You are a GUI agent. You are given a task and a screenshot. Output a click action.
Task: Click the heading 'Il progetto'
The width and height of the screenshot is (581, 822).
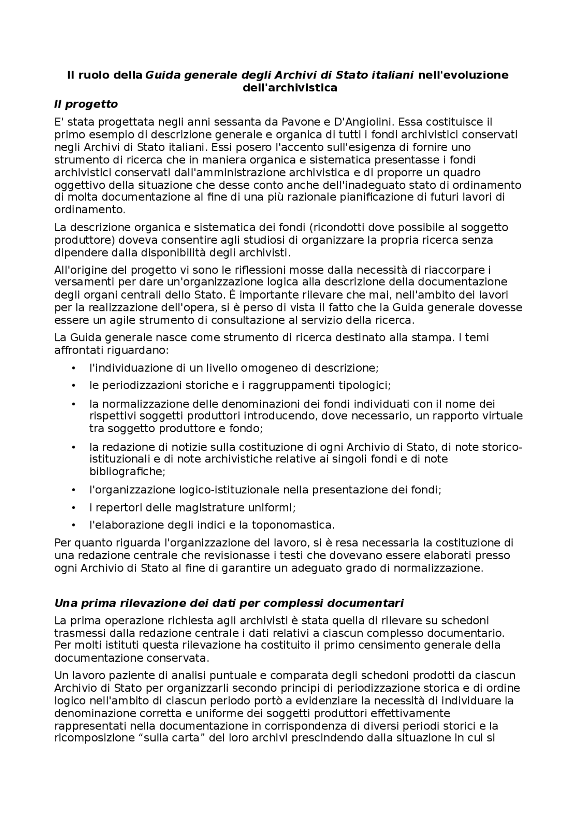click(x=86, y=104)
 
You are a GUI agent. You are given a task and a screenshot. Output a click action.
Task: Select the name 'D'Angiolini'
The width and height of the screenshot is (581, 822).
click(x=361, y=122)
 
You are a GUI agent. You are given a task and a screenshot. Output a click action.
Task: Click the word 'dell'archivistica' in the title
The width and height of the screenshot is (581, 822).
click(x=290, y=88)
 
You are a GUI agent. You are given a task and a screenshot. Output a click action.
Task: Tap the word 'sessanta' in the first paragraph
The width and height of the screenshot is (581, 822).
click(x=239, y=122)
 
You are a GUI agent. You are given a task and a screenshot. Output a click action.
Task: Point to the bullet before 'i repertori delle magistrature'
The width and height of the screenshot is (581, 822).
click(x=74, y=507)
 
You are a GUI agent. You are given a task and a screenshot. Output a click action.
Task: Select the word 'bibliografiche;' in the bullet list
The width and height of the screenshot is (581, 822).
click(x=128, y=471)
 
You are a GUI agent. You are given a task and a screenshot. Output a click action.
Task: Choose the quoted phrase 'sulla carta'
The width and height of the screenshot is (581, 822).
click(x=175, y=738)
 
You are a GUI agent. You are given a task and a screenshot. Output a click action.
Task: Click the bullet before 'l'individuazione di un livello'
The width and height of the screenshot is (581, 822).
click(x=74, y=368)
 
